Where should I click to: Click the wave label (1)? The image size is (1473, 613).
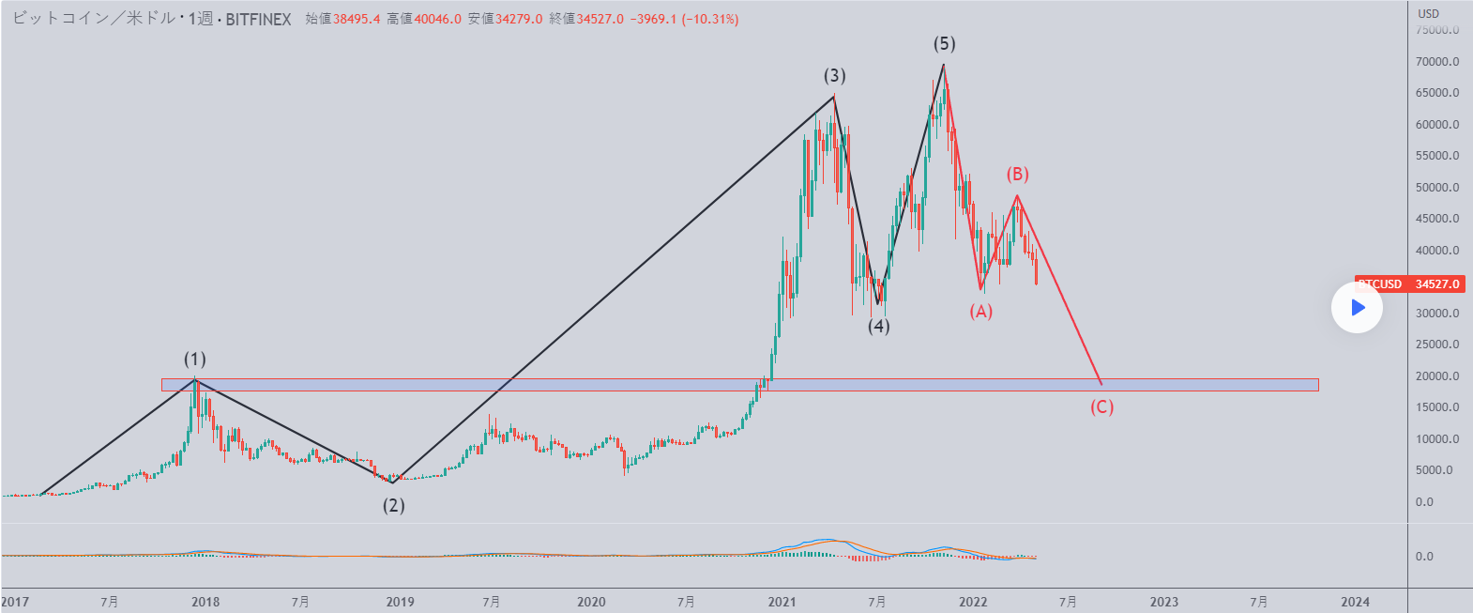point(194,359)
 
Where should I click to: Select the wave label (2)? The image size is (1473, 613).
point(393,505)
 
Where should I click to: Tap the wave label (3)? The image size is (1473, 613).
point(834,75)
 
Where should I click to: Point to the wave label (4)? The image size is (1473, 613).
point(878,326)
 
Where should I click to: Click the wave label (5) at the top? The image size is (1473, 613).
point(944,43)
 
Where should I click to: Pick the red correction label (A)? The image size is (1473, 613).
point(980,311)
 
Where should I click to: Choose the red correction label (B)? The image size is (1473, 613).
point(1017,174)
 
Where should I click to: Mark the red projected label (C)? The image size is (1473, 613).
point(1101,406)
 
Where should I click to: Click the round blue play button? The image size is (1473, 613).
point(1357,307)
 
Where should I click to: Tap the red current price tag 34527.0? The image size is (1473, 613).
point(1408,284)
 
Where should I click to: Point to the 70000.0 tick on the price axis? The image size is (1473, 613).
point(1437,62)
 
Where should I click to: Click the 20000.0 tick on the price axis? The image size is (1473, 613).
point(1437,376)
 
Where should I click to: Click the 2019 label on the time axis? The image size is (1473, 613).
point(400,602)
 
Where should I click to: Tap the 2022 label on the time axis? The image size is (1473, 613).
point(973,602)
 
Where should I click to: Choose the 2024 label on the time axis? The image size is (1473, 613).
point(1355,602)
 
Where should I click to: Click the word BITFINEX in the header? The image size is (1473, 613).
point(258,19)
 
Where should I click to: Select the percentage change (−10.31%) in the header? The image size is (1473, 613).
point(709,19)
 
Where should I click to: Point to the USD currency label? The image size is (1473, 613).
point(1428,13)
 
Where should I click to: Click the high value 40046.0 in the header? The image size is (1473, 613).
point(437,19)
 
